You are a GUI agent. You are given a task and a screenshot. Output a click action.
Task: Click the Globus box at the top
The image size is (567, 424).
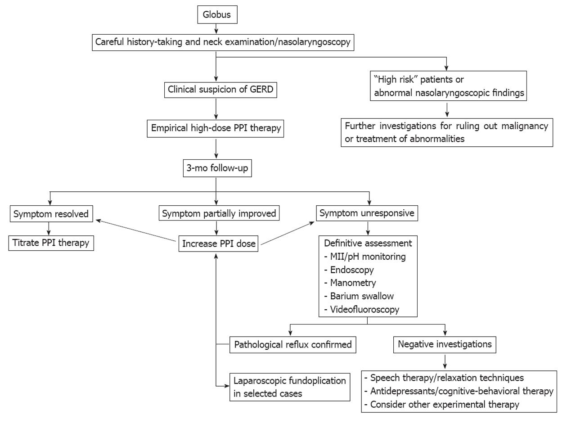click(x=217, y=15)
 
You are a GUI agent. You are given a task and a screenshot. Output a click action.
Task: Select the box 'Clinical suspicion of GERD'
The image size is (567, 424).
click(x=220, y=90)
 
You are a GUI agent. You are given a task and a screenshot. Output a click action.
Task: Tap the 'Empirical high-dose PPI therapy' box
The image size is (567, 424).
click(x=216, y=128)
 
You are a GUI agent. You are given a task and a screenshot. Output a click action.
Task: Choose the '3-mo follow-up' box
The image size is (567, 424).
click(x=217, y=168)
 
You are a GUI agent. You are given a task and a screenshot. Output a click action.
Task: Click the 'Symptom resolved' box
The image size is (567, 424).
click(x=51, y=214)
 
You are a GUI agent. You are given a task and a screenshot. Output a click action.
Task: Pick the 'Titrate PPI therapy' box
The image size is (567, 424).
click(x=51, y=243)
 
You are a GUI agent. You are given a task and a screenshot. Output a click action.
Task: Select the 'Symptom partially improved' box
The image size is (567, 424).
click(x=219, y=213)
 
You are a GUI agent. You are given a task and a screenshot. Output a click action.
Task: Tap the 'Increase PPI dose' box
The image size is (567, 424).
click(x=219, y=244)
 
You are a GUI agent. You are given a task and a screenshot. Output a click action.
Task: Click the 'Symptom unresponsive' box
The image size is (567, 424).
click(x=367, y=213)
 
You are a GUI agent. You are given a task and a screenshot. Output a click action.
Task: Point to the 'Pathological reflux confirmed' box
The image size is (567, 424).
click(x=293, y=345)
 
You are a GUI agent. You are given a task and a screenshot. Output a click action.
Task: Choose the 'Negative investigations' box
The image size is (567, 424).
click(x=445, y=345)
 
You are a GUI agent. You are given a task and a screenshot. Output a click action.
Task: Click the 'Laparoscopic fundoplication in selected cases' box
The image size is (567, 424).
click(x=290, y=387)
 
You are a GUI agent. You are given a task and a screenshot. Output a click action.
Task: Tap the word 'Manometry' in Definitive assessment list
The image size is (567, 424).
click(x=353, y=283)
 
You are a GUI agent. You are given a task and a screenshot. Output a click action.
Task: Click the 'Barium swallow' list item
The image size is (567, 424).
click(x=362, y=296)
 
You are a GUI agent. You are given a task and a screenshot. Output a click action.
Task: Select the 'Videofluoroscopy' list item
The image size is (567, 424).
click(x=364, y=310)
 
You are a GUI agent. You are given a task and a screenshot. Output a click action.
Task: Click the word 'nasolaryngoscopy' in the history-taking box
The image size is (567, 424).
click(x=314, y=42)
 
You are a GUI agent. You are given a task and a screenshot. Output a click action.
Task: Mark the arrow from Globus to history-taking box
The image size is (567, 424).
click(x=216, y=29)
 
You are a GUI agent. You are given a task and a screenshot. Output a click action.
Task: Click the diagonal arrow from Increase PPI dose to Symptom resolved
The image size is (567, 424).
click(x=135, y=230)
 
